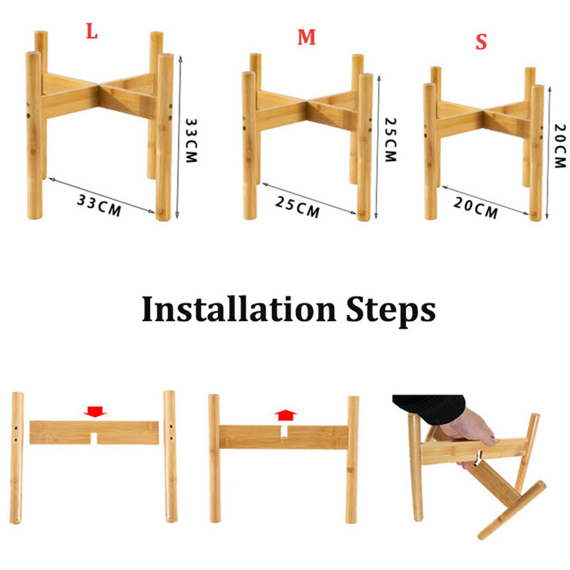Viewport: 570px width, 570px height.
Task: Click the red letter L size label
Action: pos(92,31)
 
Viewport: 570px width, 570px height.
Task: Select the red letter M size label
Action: pos(306,37)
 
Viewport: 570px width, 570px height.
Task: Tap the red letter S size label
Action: pos(482,42)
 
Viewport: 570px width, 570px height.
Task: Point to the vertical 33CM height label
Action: pos(191,140)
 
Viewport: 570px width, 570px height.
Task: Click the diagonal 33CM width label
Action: pos(99,205)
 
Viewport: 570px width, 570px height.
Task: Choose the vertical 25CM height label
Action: pos(390,140)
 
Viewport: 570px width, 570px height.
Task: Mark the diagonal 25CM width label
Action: pos(298,207)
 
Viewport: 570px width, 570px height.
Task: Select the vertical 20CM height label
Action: pos(560,146)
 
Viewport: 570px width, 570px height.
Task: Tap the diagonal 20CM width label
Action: pos(476,208)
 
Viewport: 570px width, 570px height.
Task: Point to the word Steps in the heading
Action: pos(390,311)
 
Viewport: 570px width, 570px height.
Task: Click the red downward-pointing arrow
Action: pos(95,412)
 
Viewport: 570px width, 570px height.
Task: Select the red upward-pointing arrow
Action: pos(286,415)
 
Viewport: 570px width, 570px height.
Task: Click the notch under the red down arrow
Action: pos(94,439)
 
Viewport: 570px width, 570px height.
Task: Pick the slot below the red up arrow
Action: pos(284,432)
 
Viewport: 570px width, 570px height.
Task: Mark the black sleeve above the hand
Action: pos(430,408)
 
